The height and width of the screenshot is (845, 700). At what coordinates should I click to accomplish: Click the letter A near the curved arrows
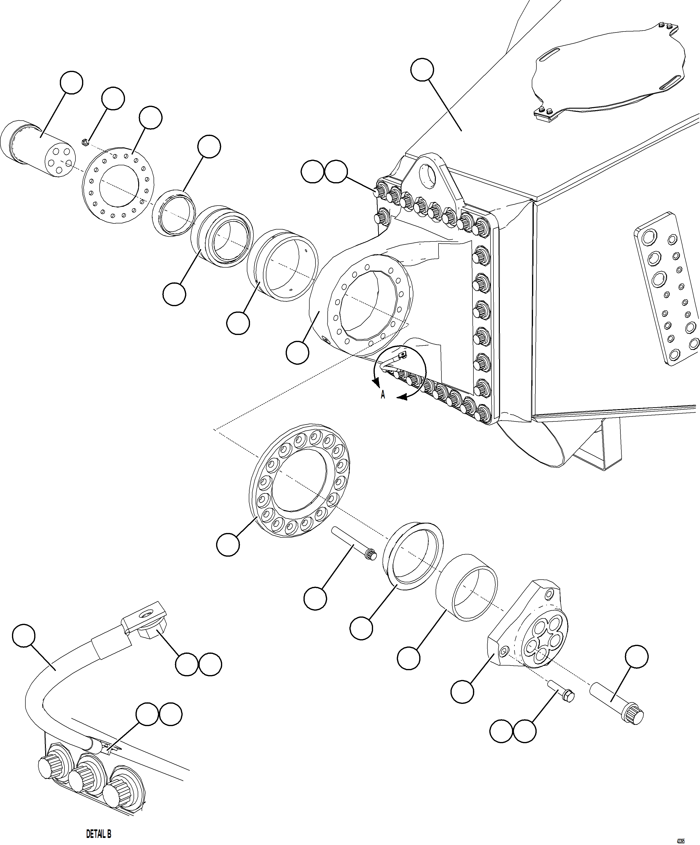pyautogui.click(x=383, y=395)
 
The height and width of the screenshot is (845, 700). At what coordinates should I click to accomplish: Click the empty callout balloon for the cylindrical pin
pyautogui.click(x=71, y=83)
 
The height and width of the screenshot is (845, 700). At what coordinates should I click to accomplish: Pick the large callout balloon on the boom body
pyautogui.click(x=422, y=70)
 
